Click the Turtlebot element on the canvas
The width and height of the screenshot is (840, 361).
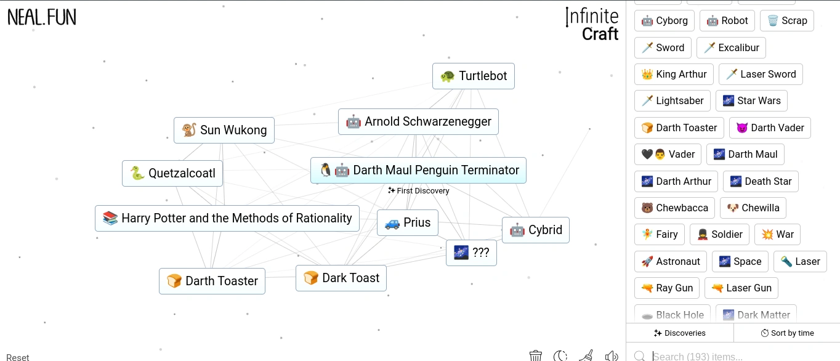point(473,76)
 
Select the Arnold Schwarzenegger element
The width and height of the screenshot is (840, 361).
point(418,121)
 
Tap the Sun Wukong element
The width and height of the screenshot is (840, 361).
point(224,130)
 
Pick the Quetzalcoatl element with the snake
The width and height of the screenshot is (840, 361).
point(172,173)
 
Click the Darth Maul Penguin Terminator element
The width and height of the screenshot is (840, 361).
point(418,171)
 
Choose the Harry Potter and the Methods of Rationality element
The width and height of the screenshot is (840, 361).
point(227,219)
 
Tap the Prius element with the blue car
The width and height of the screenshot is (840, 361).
point(407,222)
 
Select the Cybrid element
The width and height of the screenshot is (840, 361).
point(536,230)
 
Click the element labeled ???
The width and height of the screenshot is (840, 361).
point(471,253)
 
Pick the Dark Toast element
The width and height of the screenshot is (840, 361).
point(341,278)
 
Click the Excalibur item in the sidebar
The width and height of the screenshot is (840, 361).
point(731,47)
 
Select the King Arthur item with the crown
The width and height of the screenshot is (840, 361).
point(674,75)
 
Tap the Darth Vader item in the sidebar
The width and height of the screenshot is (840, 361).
point(770,128)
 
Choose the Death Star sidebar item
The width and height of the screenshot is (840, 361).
point(761,182)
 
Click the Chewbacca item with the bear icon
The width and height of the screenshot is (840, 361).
point(674,208)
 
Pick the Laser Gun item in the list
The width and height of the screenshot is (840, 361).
point(741,288)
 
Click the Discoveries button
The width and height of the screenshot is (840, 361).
point(679,333)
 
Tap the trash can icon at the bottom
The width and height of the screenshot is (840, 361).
point(536,355)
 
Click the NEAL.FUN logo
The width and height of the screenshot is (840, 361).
point(42,18)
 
